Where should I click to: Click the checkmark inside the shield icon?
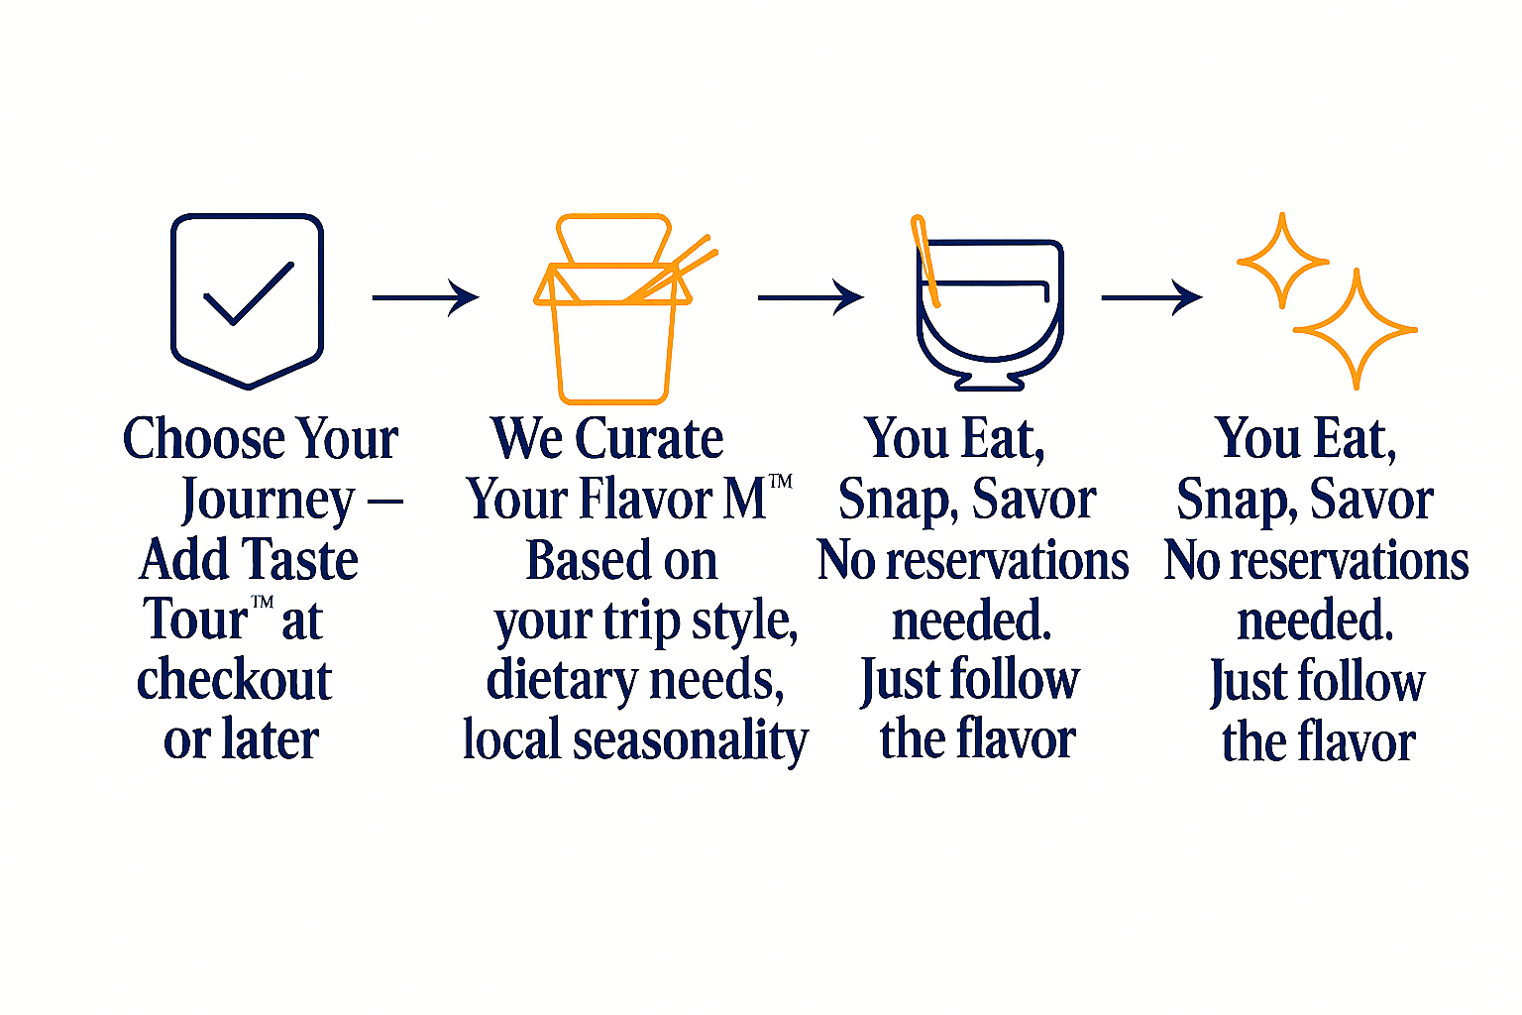pyautogui.click(x=249, y=293)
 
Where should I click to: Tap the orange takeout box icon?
pyautogui.click(x=613, y=309)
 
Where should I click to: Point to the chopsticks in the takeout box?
pyautogui.click(x=671, y=270)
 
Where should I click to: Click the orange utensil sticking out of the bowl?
pyautogui.click(x=924, y=262)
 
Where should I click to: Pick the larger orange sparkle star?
pyautogui.click(x=1356, y=330)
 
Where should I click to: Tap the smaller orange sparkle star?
pyautogui.click(x=1282, y=261)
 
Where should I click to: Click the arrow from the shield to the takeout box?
pyautogui.click(x=425, y=297)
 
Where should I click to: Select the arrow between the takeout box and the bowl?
pyautogui.click(x=811, y=297)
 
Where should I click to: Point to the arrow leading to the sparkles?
pyautogui.click(x=1151, y=297)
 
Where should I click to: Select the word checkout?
pyautogui.click(x=235, y=680)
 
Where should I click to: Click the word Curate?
pyautogui.click(x=649, y=438)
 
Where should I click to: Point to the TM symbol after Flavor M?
pyautogui.click(x=781, y=482)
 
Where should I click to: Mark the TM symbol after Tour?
pyautogui.click(x=263, y=603)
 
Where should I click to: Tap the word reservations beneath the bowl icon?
pyautogui.click(x=1008, y=562)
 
